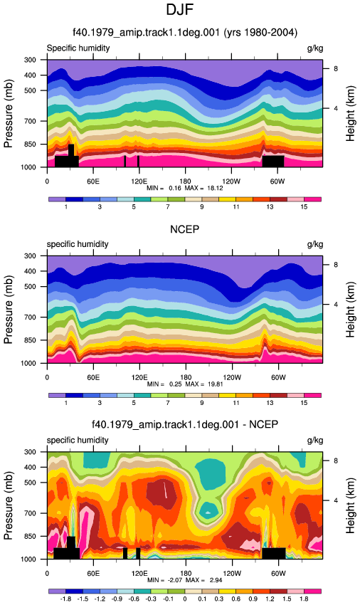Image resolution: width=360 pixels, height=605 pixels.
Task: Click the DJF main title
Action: (x=179, y=10)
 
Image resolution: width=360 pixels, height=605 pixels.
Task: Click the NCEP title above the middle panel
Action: (x=185, y=229)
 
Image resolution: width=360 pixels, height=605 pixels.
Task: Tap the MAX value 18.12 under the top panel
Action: (x=215, y=188)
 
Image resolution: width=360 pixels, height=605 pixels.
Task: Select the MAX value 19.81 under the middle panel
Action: (x=215, y=384)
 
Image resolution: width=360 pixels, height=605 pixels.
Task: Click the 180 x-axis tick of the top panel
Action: (x=185, y=181)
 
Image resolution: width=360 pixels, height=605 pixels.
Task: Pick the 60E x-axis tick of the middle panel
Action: (x=93, y=377)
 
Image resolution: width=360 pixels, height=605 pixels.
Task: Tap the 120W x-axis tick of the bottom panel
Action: (x=231, y=573)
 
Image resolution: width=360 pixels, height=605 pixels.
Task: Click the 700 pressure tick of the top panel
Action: (x=30, y=121)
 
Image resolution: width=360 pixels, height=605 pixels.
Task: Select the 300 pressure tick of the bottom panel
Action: (x=30, y=452)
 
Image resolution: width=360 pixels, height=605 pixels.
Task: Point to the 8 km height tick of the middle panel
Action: (x=336, y=265)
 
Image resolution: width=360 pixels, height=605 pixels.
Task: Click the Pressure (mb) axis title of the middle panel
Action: (x=9, y=310)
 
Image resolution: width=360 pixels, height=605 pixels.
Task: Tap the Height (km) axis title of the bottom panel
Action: (x=350, y=505)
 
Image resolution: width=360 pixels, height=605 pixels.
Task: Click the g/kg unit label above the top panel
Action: (x=315, y=48)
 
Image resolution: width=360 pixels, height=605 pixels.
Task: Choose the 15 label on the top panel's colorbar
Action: (x=304, y=207)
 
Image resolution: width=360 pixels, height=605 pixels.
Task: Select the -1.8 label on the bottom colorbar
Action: (x=65, y=599)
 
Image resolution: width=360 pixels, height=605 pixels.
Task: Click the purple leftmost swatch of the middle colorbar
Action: (x=57, y=395)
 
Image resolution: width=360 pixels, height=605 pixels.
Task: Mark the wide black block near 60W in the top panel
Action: (x=273, y=162)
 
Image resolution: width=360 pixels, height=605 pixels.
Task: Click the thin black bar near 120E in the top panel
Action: (x=138, y=162)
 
